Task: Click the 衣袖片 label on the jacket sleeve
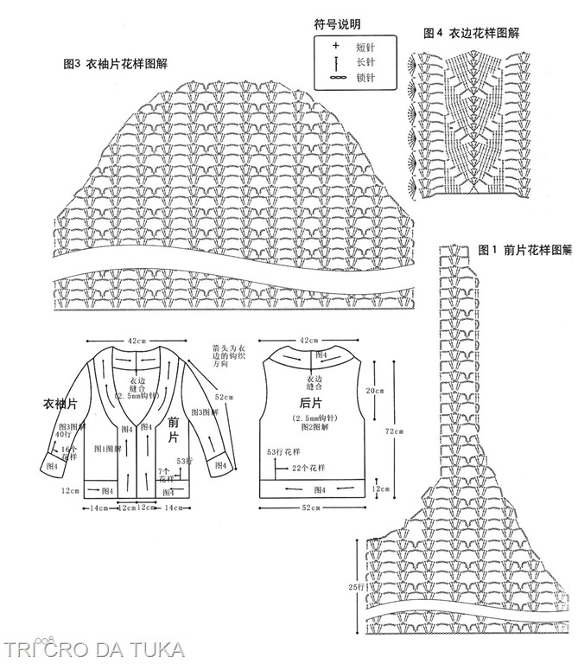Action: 61,404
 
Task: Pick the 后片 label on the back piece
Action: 312,403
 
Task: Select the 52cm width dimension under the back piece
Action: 313,508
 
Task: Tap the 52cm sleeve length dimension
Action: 225,397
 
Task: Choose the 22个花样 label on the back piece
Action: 308,468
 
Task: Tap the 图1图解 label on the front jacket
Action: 105,449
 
